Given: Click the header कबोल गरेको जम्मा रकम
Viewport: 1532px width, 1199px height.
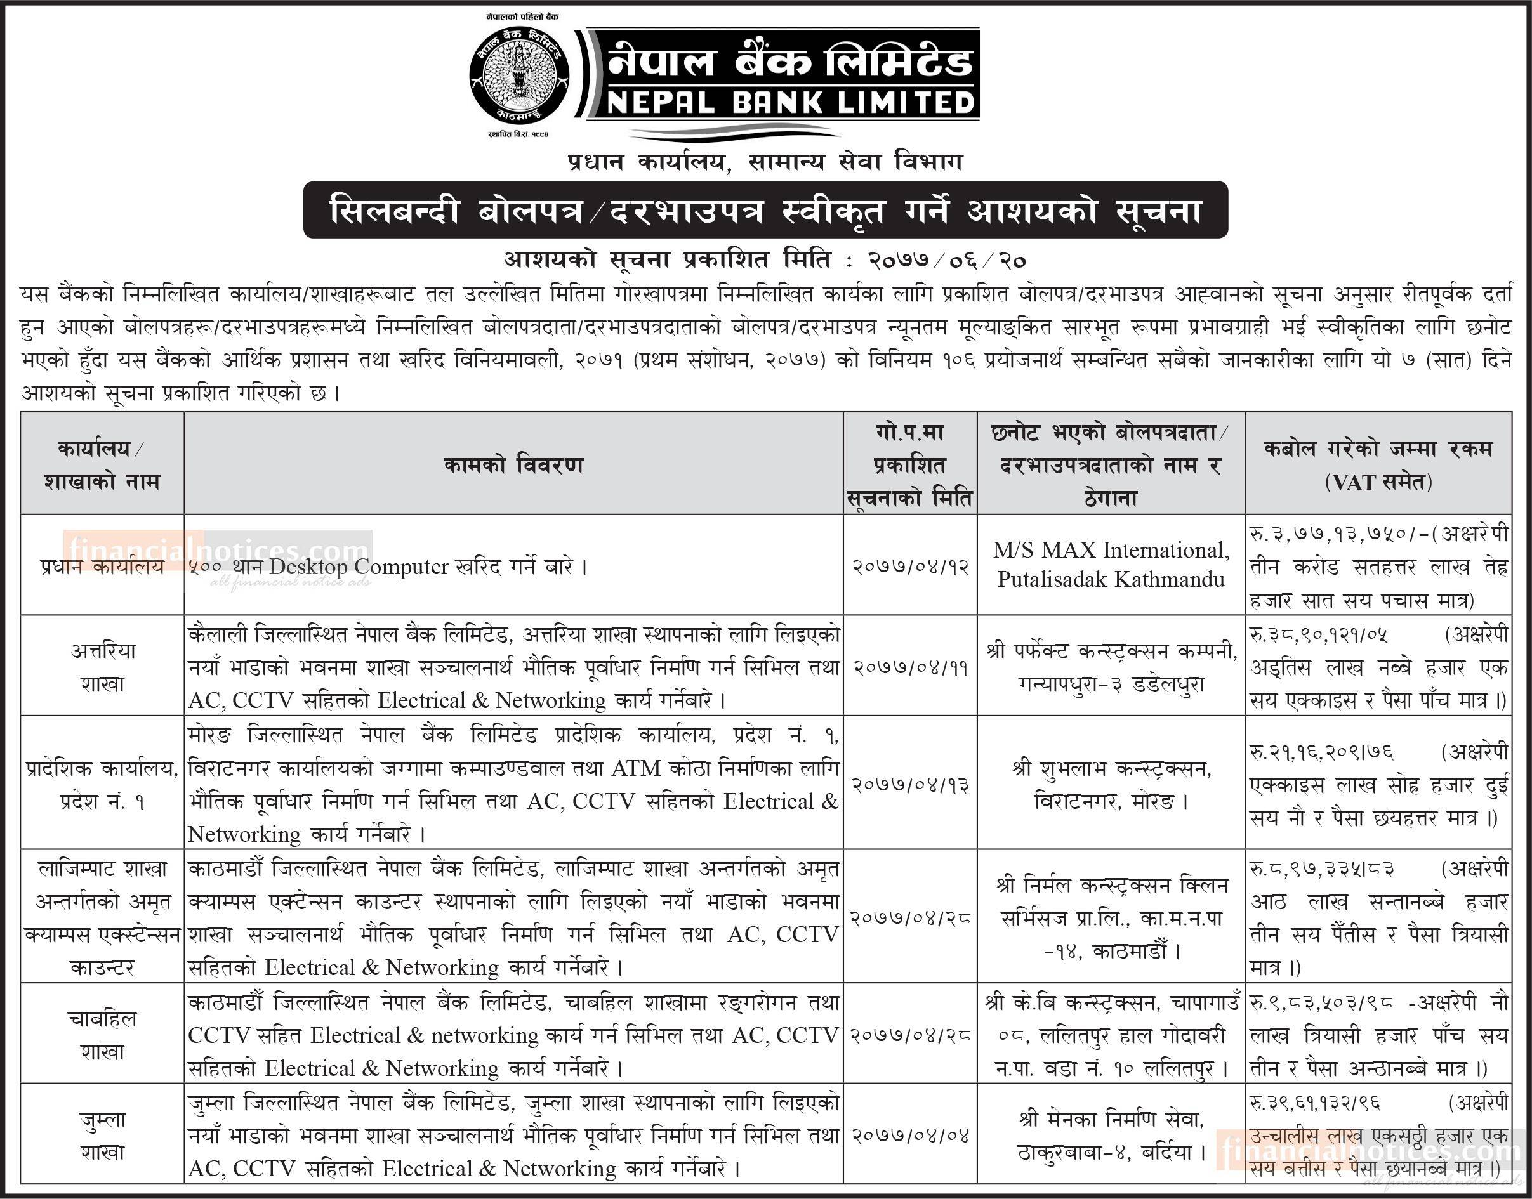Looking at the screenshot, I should (1379, 449).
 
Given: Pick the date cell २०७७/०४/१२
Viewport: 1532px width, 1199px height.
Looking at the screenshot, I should (911, 566).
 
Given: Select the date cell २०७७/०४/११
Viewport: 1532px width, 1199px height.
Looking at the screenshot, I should (911, 667).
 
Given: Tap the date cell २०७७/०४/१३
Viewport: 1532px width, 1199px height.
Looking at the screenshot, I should (911, 784).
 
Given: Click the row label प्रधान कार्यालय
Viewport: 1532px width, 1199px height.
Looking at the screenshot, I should (103, 566).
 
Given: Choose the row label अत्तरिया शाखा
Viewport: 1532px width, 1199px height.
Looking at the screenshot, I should (103, 667).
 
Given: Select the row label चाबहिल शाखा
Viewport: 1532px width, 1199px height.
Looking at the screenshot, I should (103, 1035).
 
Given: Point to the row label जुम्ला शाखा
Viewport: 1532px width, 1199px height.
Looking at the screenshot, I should (103, 1135).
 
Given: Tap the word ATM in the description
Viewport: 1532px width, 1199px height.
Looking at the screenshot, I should (635, 769).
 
